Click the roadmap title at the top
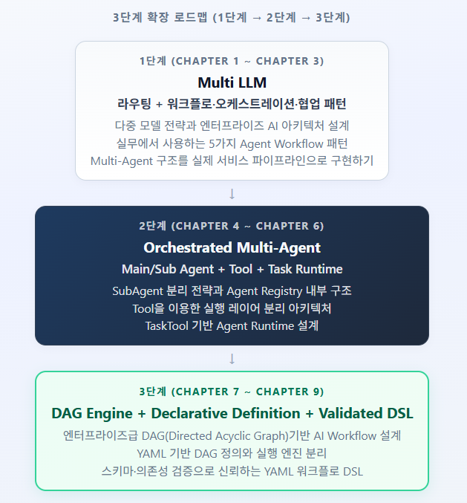tap(232, 18)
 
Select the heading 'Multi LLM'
tap(232, 82)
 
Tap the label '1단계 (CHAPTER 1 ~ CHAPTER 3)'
tap(232, 62)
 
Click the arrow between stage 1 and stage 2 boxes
tap(232, 194)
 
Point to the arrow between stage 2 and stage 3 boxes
tap(232, 359)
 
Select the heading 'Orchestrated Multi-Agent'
tap(232, 248)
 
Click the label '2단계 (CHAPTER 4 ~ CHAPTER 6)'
tap(232, 227)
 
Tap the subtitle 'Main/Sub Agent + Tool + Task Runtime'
tap(232, 269)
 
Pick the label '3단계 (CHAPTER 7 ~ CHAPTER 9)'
tap(232, 392)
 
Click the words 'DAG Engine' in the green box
tap(92, 413)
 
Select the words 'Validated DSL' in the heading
tap(365, 413)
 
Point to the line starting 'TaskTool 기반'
tap(232, 325)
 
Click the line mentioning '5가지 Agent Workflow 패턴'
tap(232, 143)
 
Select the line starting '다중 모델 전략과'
tap(232, 126)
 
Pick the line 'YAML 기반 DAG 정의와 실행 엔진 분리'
tap(232, 453)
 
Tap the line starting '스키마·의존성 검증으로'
tap(232, 471)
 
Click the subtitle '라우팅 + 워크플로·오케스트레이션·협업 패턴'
tap(232, 103)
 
